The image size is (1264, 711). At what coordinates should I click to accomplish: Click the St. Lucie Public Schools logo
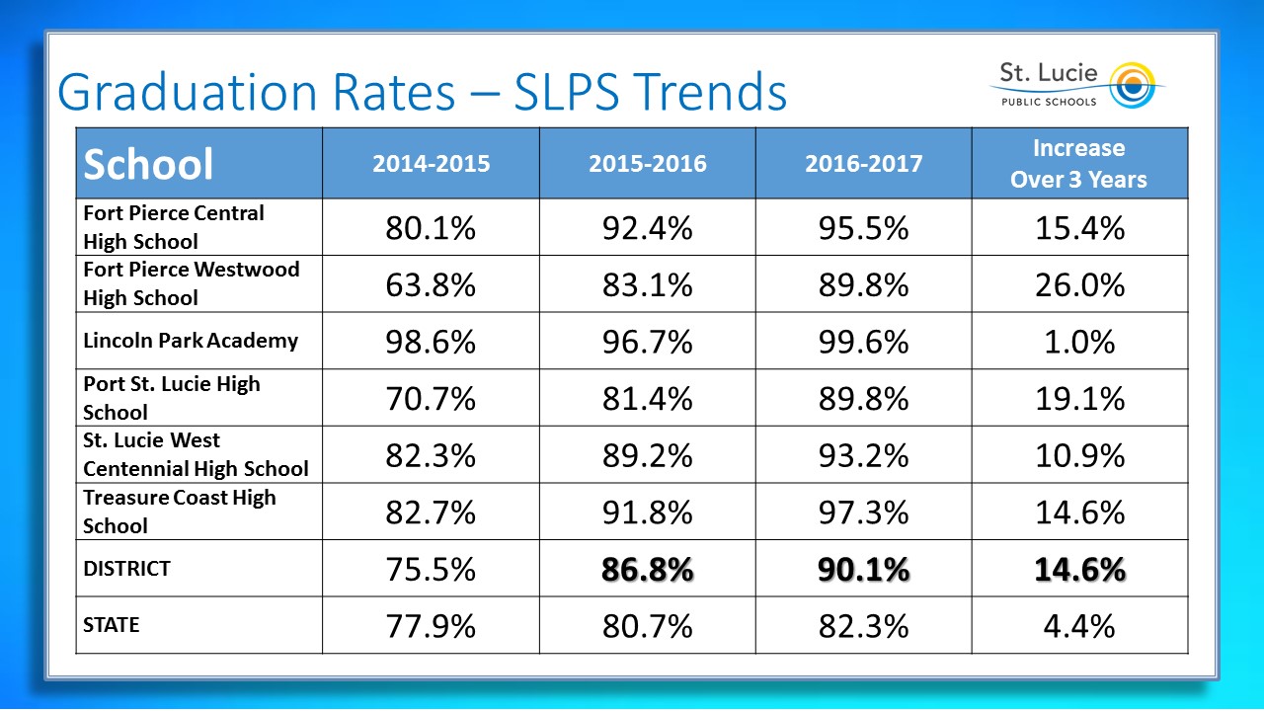tap(1076, 85)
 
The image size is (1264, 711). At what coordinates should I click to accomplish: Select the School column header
tap(148, 164)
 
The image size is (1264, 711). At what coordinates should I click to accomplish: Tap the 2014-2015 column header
tap(431, 164)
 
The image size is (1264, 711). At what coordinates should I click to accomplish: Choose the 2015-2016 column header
tap(647, 164)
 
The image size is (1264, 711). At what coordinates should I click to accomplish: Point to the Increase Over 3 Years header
tap(1078, 164)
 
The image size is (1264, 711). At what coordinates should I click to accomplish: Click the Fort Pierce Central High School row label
tap(174, 227)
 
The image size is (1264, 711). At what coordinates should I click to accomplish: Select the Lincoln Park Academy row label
tap(191, 341)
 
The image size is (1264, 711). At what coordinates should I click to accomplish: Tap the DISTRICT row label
tap(126, 569)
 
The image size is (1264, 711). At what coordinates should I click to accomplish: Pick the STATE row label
tap(112, 625)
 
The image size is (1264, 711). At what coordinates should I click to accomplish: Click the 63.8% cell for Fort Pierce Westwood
tap(431, 285)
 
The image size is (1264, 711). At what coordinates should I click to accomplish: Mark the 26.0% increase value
tap(1079, 285)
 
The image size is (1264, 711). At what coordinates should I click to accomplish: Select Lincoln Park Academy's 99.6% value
tap(863, 342)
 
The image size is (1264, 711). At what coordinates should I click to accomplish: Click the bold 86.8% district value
tap(647, 570)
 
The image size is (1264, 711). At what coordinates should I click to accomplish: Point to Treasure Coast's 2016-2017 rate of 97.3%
tap(863, 513)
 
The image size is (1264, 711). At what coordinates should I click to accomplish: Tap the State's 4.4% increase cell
tap(1079, 626)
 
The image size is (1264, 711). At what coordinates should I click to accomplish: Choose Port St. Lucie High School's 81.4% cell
tap(647, 399)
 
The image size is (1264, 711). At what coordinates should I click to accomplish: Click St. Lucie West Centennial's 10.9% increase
tap(1079, 455)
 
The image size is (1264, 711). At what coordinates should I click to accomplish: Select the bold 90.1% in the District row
tap(863, 570)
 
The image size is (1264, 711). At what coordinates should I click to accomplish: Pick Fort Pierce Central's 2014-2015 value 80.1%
tap(431, 228)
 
